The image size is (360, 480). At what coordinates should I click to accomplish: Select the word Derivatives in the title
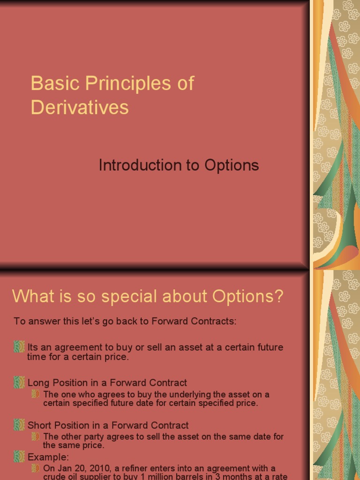point(80,107)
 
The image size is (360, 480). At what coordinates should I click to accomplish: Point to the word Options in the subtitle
point(232,165)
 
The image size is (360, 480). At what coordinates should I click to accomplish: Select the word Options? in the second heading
point(248,296)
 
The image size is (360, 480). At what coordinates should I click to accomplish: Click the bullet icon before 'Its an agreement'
point(19,347)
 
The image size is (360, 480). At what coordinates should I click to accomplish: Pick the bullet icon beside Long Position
point(19,382)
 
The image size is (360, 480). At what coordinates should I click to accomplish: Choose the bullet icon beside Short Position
point(19,425)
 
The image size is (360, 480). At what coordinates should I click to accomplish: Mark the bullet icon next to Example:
point(19,457)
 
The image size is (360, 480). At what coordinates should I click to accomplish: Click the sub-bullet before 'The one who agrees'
point(36,394)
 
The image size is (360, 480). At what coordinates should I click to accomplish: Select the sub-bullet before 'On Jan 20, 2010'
point(36,468)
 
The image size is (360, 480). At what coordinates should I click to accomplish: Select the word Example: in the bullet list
point(48,457)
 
